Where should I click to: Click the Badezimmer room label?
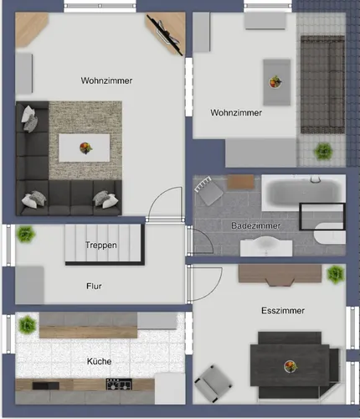click(255, 225)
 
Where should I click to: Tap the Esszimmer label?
click(283, 311)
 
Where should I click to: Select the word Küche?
click(99, 361)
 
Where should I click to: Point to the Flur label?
click(94, 286)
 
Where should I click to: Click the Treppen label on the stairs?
click(101, 245)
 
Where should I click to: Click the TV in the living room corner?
click(165, 34)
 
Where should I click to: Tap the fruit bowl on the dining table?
click(291, 366)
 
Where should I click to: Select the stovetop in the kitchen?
click(119, 384)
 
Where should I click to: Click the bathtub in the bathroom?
click(304, 193)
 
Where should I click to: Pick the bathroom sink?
click(266, 246)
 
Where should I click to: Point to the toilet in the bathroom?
click(330, 233)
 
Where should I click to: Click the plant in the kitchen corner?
click(28, 325)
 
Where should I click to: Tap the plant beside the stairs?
click(25, 234)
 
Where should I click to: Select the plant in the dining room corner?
click(335, 274)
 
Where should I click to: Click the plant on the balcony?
click(323, 152)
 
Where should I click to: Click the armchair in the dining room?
click(213, 383)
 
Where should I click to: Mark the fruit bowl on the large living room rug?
click(85, 147)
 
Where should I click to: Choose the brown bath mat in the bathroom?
click(241, 182)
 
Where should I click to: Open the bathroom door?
click(199, 241)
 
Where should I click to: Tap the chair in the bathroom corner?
click(208, 190)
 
